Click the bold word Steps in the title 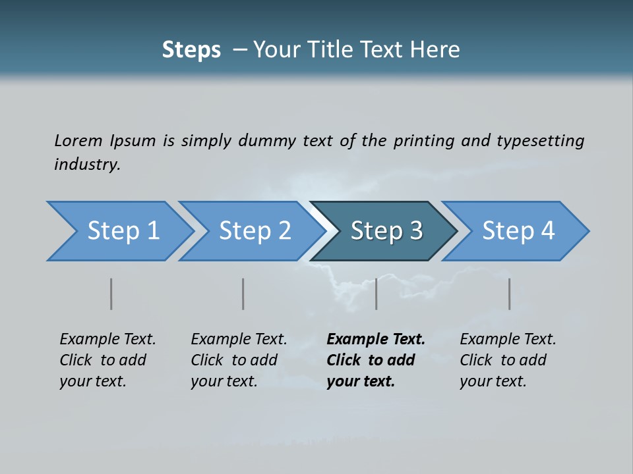pyautogui.click(x=191, y=50)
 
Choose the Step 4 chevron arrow pyautogui.click(x=518, y=231)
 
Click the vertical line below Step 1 pyautogui.click(x=111, y=294)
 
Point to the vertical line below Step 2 pyautogui.click(x=243, y=294)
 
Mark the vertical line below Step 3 pyautogui.click(x=376, y=294)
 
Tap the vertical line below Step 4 pyautogui.click(x=509, y=294)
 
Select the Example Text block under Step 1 pyautogui.click(x=107, y=360)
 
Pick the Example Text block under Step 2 pyautogui.click(x=238, y=360)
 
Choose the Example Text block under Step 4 pyautogui.click(x=507, y=360)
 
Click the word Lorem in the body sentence pyautogui.click(x=78, y=140)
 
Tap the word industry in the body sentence pyautogui.click(x=86, y=165)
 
